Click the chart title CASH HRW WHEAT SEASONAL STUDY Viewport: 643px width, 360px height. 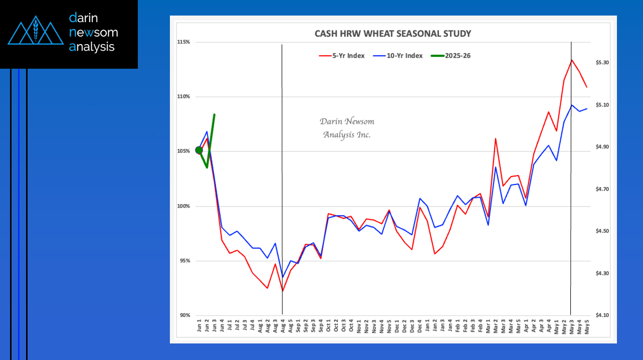pos(392,34)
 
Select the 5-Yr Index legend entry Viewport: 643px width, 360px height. pos(342,56)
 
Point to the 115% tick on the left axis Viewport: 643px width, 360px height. pos(183,42)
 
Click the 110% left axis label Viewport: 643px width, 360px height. pos(183,97)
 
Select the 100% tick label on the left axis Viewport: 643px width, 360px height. pos(183,206)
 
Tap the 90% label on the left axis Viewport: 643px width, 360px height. pos(184,315)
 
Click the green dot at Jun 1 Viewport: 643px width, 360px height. pos(199,150)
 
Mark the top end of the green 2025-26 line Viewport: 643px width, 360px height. pos(215,115)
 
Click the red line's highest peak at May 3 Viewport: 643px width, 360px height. pos(571,60)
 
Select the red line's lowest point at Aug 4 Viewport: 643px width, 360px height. pos(283,291)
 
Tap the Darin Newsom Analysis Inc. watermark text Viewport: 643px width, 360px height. pos(347,128)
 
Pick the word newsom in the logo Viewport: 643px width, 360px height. pos(94,33)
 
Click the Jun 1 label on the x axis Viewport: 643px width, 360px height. pos(199,327)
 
